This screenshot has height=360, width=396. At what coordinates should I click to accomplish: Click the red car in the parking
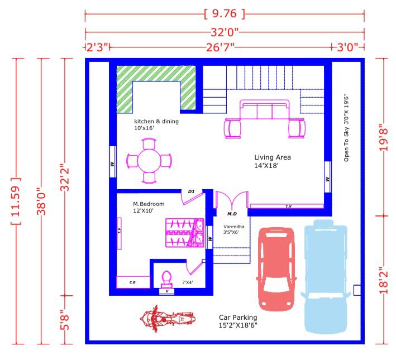[276, 269]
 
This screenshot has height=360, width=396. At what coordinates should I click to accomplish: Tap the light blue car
[326, 276]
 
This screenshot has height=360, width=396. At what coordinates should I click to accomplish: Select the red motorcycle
[168, 319]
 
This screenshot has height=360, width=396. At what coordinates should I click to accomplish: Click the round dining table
[149, 161]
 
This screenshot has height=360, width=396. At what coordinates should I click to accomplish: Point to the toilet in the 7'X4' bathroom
[166, 280]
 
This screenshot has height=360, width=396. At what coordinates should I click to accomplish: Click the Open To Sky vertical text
[346, 128]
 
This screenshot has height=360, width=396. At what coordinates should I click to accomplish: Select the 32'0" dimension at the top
[225, 32]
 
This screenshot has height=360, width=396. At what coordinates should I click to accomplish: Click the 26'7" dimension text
[220, 47]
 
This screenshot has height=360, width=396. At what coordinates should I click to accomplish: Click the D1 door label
[191, 191]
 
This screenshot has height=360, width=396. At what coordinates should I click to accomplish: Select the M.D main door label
[232, 214]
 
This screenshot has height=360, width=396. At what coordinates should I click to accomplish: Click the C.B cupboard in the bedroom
[133, 282]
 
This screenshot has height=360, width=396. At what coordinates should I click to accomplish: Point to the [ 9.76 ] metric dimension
[225, 13]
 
